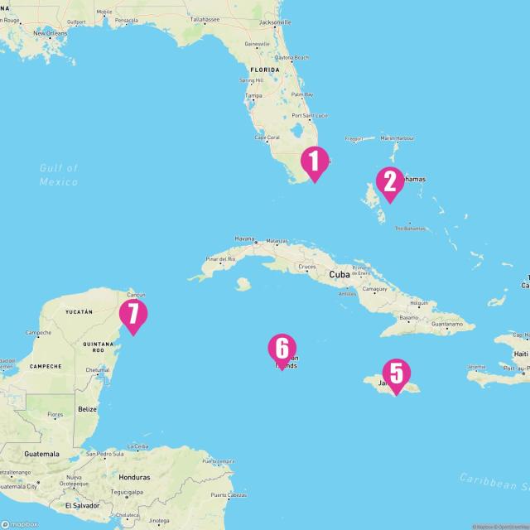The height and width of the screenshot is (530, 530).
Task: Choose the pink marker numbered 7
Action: pos(132,315)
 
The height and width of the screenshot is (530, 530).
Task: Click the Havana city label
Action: pos(244,238)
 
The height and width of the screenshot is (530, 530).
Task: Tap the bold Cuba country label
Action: pos(340,274)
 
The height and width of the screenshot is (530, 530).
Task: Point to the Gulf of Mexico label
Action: pos(58,174)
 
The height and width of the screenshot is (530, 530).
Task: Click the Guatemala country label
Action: pos(40,454)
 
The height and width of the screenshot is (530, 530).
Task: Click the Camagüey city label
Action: pos(374,289)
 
